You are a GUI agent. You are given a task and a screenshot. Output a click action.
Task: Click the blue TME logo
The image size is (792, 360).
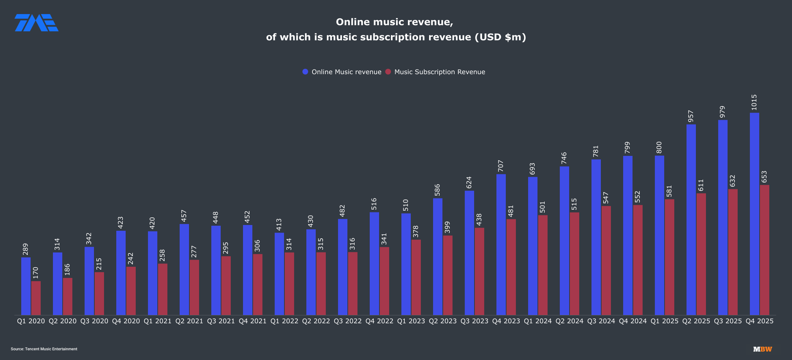[36, 23]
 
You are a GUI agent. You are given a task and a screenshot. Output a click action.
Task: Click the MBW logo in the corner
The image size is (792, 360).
[762, 349]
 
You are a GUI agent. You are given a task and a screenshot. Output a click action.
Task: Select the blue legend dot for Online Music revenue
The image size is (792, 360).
[305, 72]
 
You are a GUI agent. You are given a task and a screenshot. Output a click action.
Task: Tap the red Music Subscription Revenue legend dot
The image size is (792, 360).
[388, 72]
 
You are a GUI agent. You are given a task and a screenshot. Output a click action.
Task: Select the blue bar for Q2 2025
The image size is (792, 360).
[691, 220]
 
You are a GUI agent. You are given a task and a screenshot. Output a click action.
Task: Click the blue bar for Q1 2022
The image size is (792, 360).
[279, 274]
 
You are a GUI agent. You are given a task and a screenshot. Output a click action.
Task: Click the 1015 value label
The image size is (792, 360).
[754, 102]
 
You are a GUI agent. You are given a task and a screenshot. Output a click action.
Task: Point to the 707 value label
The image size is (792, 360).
[501, 166]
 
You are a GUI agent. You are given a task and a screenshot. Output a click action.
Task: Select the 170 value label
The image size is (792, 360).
[36, 273]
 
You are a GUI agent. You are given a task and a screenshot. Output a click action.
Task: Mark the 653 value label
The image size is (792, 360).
[764, 177]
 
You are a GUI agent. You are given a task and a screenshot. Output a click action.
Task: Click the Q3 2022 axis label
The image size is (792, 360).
[347, 321]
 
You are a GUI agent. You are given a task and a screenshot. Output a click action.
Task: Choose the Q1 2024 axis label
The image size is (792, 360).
[537, 321]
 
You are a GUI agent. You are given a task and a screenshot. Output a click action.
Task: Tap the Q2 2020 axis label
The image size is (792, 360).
[62, 321]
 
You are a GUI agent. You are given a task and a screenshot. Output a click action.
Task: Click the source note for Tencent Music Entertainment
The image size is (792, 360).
[44, 349]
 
